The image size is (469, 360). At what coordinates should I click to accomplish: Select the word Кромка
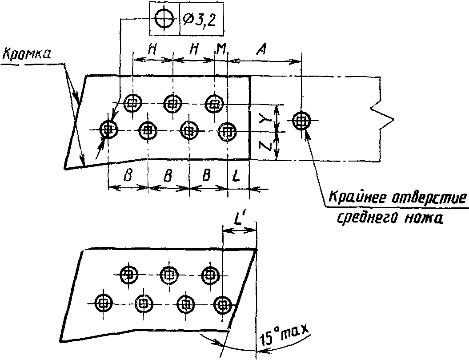pyautogui.click(x=26, y=55)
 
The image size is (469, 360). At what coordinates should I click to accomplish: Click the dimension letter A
pyautogui.click(x=261, y=50)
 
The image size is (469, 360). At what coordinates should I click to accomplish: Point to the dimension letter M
pyautogui.click(x=221, y=50)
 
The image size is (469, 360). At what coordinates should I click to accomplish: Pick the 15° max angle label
pyautogui.click(x=283, y=335)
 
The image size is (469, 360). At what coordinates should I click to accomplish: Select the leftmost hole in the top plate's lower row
pyautogui.click(x=108, y=129)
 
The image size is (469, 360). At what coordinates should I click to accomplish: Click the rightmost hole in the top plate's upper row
pyautogui.click(x=214, y=104)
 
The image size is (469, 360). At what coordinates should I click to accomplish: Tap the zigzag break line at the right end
pyautogui.click(x=382, y=119)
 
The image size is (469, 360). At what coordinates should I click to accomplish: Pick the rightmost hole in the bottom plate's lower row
pyautogui.click(x=223, y=304)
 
